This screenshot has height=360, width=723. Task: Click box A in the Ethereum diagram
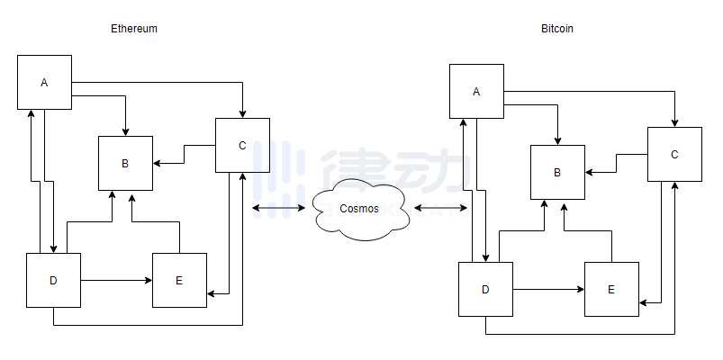tap(44, 82)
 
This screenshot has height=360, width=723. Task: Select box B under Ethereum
tap(125, 163)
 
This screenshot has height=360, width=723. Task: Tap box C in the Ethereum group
tap(242, 145)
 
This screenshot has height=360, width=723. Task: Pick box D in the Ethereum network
tap(53, 280)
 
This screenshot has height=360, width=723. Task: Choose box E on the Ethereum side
tap(179, 280)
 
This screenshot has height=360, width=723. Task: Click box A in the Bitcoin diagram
tap(476, 91)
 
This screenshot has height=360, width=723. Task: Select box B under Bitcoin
tap(557, 172)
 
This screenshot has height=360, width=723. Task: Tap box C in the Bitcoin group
tap(674, 154)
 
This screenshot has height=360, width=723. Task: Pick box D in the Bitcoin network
tap(485, 289)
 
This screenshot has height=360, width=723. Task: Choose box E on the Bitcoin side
tap(611, 289)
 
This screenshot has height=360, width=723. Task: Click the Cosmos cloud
tap(359, 209)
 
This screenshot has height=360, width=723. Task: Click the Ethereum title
tap(134, 29)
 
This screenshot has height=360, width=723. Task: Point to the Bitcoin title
tap(557, 29)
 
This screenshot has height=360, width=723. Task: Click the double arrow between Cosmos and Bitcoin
tap(440, 209)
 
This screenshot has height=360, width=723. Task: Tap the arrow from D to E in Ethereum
tap(116, 280)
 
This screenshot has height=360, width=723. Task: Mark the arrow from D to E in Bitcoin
tap(548, 289)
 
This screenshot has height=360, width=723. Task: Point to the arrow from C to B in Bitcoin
tap(616, 164)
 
